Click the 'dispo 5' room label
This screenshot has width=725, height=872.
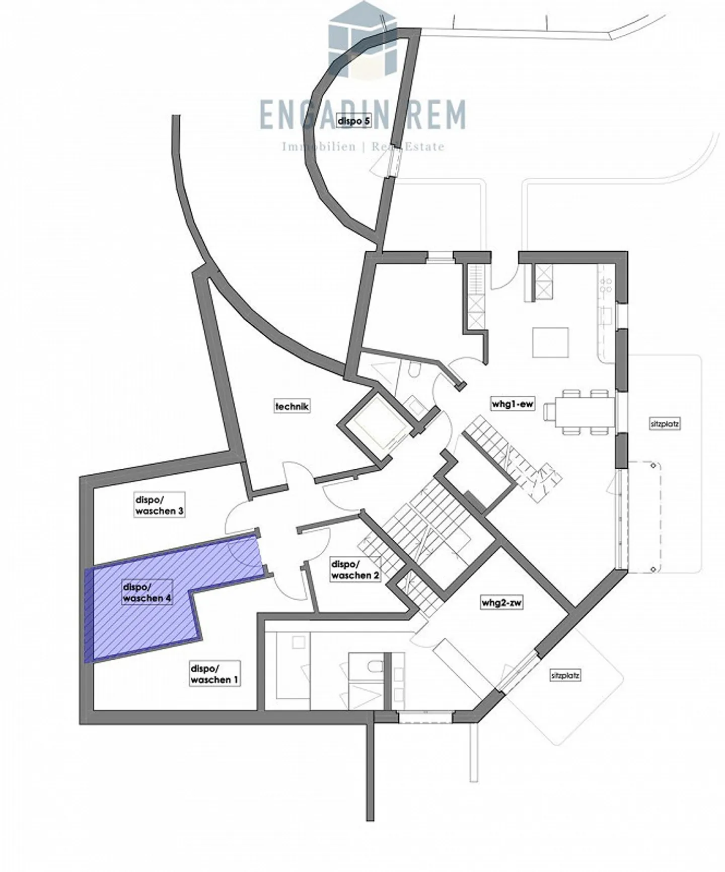tap(354, 121)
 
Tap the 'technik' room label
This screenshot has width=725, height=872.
tap(292, 405)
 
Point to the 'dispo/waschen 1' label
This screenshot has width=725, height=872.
tap(214, 674)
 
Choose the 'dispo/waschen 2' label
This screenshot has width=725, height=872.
tap(355, 570)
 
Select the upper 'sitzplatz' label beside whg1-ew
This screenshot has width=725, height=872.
tap(665, 424)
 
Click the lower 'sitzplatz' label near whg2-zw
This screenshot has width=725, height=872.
tap(565, 676)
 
